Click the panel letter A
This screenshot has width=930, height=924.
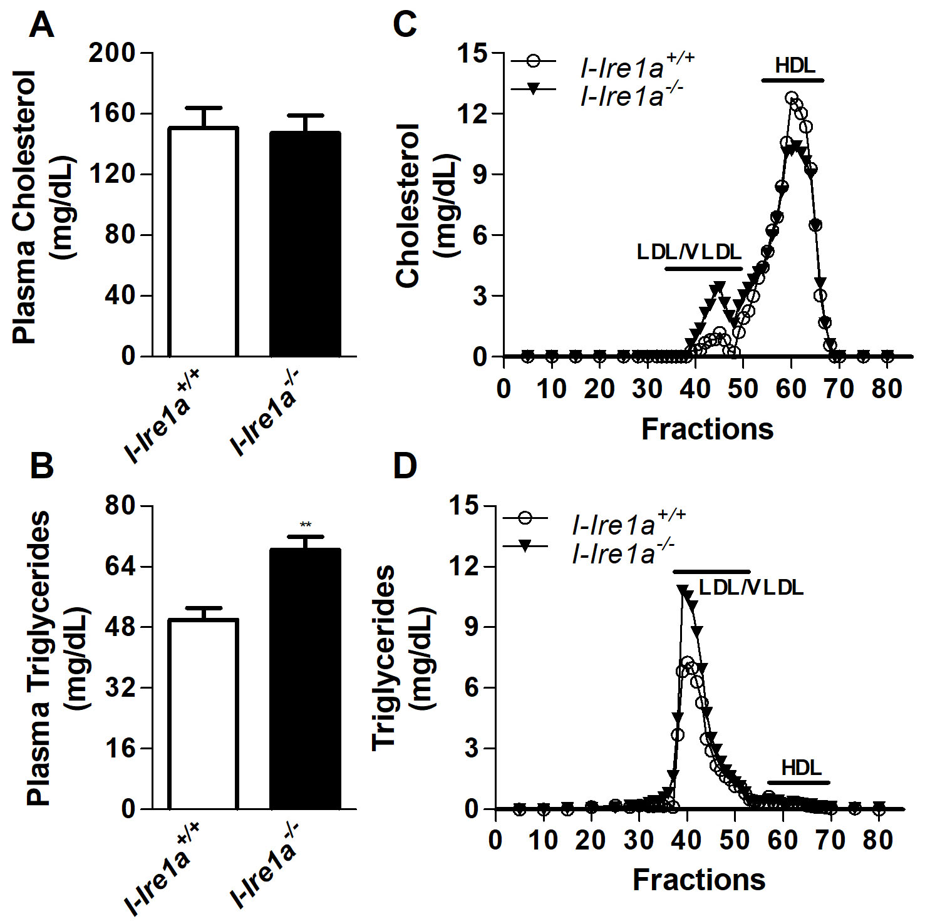pos(41,26)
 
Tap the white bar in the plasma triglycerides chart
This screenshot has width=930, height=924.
pos(203,714)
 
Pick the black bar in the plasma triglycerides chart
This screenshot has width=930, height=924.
pos(305,679)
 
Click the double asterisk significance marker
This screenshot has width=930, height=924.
pos(306,525)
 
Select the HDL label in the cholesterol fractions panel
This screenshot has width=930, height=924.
pos(795,65)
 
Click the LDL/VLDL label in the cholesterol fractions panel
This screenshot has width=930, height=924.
pos(689,252)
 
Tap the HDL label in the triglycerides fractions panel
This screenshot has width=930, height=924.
pos(802,767)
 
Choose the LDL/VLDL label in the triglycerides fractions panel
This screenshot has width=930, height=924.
pos(751,587)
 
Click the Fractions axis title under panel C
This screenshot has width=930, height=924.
pos(707,429)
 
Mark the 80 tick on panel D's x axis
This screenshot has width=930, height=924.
pos(878,840)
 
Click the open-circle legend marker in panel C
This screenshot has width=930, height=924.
pos(533,61)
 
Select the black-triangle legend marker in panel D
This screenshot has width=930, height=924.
pos(525,547)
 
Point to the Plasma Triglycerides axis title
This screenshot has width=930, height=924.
pos(38,657)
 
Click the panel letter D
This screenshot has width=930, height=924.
pos(405,466)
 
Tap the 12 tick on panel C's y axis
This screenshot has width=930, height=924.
pos(474,114)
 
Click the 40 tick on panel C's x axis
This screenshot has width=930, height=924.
pos(695,389)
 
